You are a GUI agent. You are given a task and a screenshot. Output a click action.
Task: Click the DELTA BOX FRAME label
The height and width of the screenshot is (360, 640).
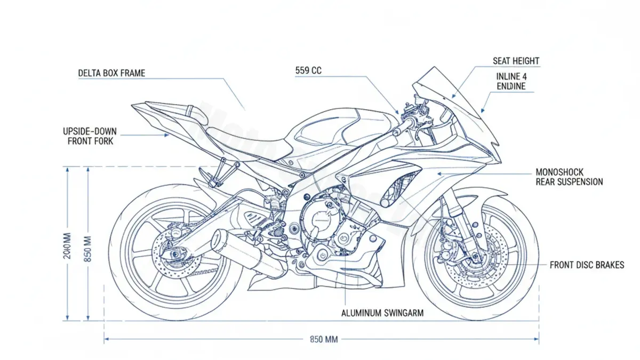pyautogui.click(x=111, y=73)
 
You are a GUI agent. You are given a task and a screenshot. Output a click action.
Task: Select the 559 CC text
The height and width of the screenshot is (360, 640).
pyautogui.click(x=308, y=70)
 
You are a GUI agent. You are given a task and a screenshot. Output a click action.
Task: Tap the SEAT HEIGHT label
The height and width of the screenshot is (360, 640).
pyautogui.click(x=516, y=61)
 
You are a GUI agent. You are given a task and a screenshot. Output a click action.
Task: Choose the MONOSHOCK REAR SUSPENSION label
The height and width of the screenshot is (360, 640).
pyautogui.click(x=569, y=177)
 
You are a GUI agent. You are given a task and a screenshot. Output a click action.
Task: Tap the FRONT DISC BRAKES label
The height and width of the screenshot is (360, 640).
pyautogui.click(x=587, y=265)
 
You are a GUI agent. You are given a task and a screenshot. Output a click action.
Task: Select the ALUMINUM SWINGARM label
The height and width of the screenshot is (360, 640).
pyautogui.click(x=382, y=313)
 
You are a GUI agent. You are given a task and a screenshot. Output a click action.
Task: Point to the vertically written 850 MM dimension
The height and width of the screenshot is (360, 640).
pyautogui.click(x=88, y=249)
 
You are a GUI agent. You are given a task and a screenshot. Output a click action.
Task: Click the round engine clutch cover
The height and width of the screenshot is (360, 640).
pyautogui.click(x=318, y=219)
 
